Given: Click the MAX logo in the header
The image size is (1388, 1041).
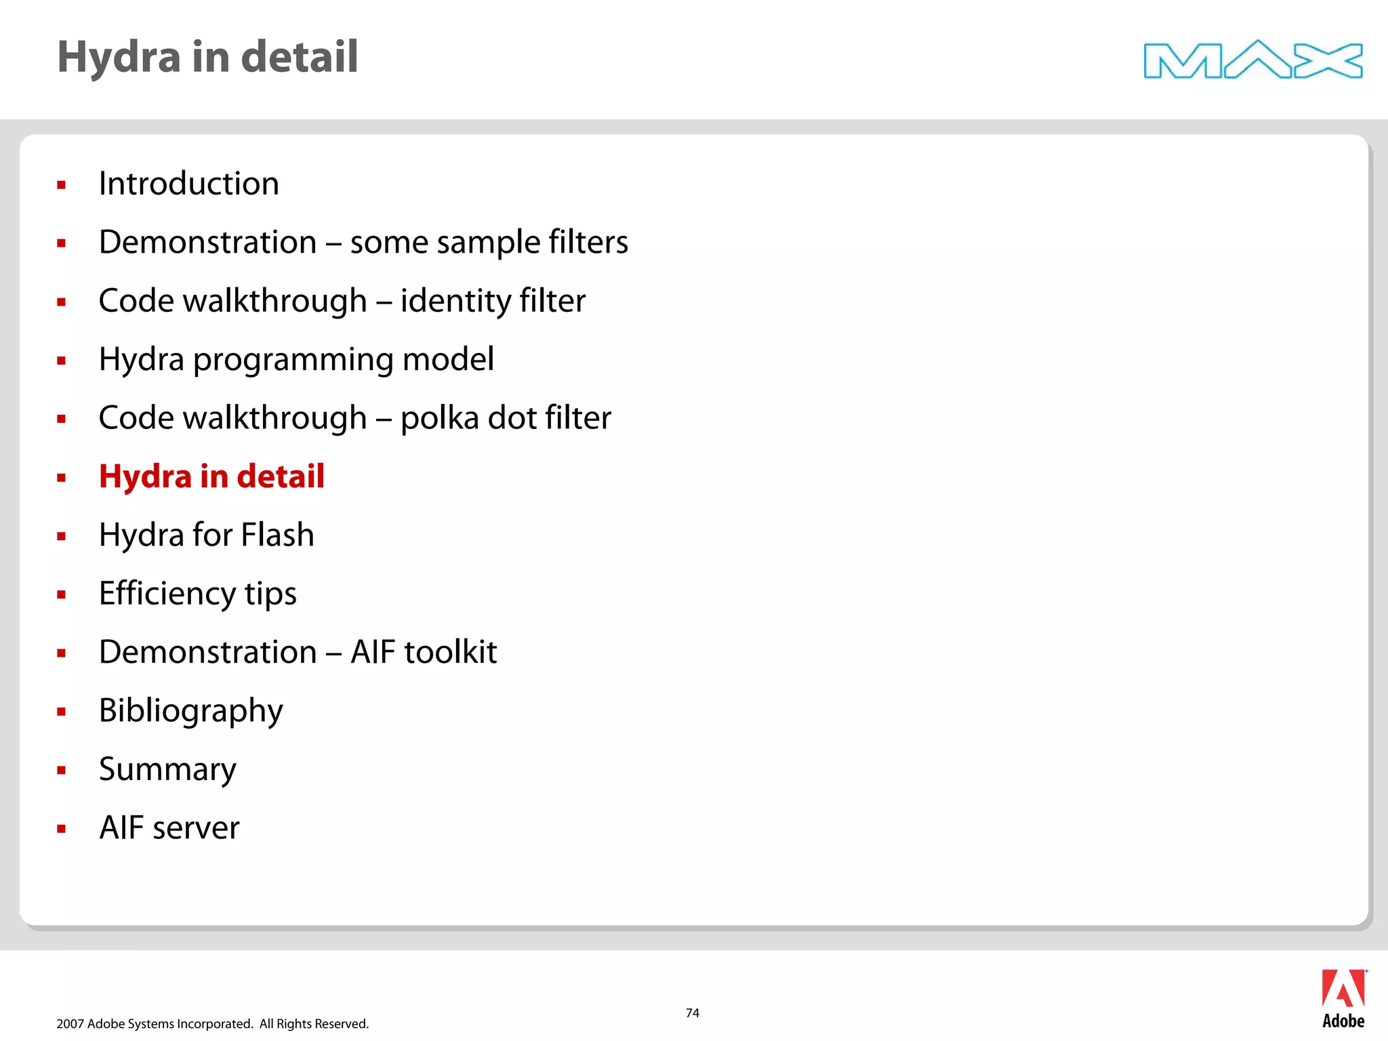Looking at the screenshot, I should pos(1252,60).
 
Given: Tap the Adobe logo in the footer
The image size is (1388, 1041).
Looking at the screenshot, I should pos(1343,999).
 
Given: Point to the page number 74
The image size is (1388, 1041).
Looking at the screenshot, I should pos(692,1013).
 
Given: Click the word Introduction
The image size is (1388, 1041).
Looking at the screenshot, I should pos(188,184).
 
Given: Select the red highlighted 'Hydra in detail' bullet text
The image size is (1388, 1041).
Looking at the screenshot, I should pos(211,476).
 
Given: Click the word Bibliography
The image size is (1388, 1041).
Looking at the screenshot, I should pos(190,711).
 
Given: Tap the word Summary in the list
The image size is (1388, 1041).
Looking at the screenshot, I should pos(167,770).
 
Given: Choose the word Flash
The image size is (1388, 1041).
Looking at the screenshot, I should pos(277,535).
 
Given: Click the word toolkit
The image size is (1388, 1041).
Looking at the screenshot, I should pos(450,652).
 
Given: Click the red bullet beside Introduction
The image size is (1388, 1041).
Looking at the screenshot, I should pos(62,184).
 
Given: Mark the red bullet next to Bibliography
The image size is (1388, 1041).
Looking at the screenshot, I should pos(62,712).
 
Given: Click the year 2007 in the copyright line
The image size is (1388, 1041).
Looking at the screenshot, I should pos(70,1023).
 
